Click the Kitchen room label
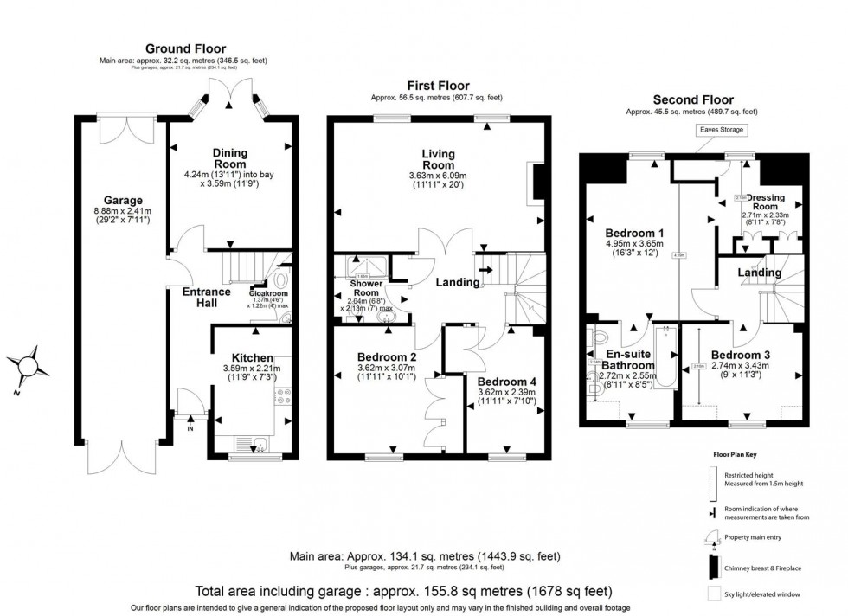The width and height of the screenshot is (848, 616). click(252, 358)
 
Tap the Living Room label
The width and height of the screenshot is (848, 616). click(438, 159)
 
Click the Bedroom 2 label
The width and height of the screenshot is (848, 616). click(388, 356)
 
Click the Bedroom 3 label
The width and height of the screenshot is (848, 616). click(742, 355)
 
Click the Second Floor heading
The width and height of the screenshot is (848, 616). click(692, 99)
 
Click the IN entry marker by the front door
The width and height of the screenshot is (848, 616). click(190, 427)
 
